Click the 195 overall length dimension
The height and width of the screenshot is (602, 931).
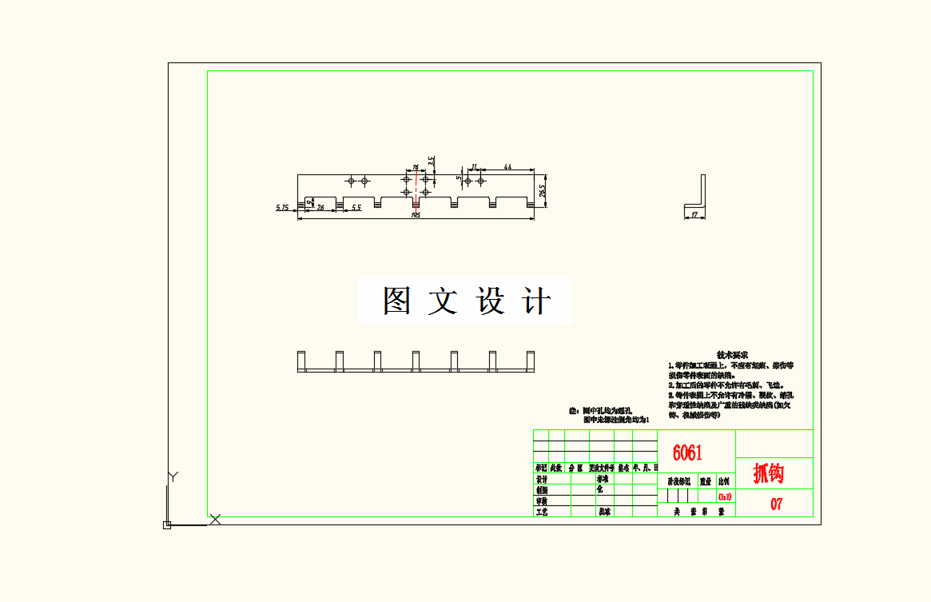coord(416,215)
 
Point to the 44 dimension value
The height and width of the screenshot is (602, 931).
coord(507,166)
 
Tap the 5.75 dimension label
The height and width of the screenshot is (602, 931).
coord(282,208)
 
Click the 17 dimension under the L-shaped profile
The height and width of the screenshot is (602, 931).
coord(694,214)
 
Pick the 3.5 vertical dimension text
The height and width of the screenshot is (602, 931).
coord(432,161)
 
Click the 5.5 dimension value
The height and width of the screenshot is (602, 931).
coord(356,208)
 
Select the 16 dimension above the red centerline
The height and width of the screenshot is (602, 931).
coord(416,168)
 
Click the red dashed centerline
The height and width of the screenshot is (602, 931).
coord(416,192)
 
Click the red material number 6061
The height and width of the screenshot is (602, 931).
coord(687,453)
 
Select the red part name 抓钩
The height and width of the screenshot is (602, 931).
coord(769,473)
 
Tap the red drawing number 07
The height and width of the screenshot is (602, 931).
coord(776,504)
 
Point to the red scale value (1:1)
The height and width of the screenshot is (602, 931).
coord(725,496)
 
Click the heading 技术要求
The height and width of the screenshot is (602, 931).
coord(731,354)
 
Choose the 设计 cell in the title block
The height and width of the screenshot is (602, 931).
coord(542,479)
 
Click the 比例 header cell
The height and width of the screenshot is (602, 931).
coord(725,482)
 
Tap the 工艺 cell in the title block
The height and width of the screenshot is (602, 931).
coord(542,511)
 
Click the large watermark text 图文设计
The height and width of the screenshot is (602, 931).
coord(466,301)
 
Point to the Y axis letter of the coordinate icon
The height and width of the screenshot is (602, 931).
coord(173,477)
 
